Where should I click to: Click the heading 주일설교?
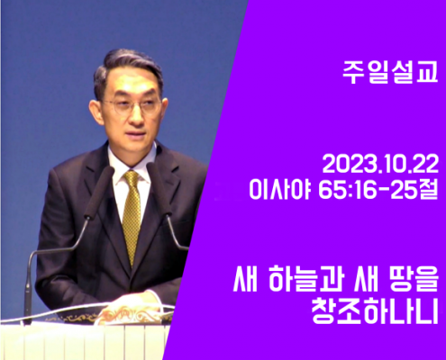tap(390, 73)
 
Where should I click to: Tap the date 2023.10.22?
tap(380, 165)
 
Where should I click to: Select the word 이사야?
tap(279, 190)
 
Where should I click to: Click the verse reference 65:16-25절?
tap(378, 190)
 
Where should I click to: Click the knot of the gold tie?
tap(132, 177)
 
